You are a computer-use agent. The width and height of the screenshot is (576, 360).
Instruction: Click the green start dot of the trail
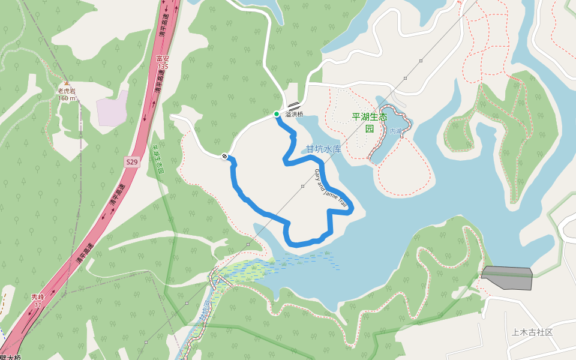[x=276, y=114]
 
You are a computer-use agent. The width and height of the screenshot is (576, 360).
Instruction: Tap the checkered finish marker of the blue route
[x=224, y=157]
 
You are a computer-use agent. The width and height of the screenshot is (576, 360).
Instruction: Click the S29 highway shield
[x=132, y=162]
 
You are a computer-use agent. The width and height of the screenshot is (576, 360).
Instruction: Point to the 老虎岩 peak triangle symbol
[x=66, y=83]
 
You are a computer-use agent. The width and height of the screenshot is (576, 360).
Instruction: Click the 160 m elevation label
[x=66, y=98]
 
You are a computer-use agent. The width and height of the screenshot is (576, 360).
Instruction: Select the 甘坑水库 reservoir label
[x=323, y=149]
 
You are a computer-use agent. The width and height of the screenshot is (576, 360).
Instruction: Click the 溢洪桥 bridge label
[x=295, y=114]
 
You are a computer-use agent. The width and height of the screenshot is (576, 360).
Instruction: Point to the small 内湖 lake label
[x=395, y=131]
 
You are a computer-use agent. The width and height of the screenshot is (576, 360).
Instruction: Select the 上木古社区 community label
[x=532, y=332]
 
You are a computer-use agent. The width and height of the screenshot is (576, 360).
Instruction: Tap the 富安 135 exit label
[x=162, y=62]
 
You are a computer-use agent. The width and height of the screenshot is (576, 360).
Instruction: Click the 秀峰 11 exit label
[x=38, y=301]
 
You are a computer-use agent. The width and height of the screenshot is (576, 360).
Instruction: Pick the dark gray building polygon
[x=508, y=278]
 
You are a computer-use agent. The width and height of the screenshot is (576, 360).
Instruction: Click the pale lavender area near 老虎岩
[x=112, y=109]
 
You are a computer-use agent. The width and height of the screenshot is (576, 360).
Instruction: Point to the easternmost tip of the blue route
[x=352, y=208]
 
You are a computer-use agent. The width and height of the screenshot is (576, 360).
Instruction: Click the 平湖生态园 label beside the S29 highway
[x=157, y=159]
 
